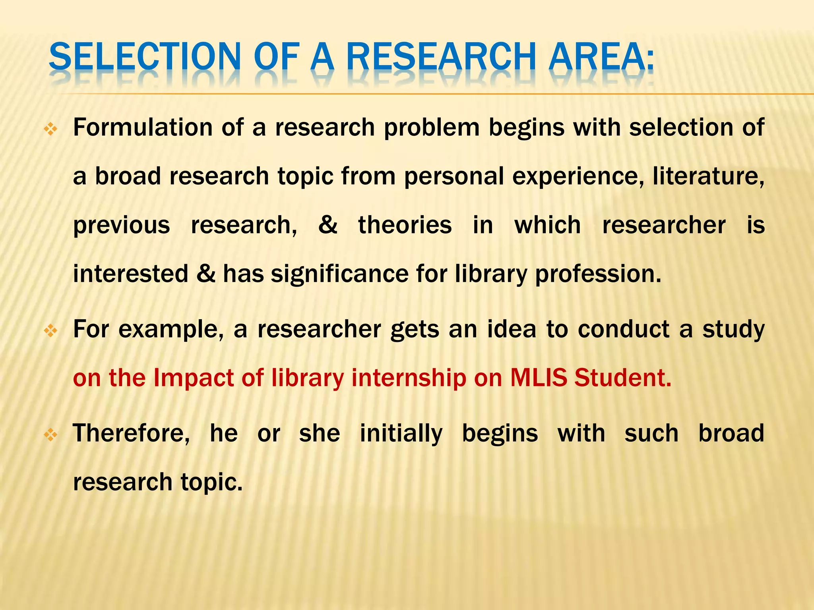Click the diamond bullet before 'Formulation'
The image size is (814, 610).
[51, 129]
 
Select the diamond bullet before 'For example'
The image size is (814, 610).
[51, 331]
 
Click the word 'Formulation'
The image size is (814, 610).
[143, 128]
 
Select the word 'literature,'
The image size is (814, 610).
[708, 176]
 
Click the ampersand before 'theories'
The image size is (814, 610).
[328, 225]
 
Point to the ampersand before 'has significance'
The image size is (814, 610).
[205, 274]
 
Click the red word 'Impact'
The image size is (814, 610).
[193, 378]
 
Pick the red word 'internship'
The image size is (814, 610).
[409, 378]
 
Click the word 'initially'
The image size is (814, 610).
[401, 434]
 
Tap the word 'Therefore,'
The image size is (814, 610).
[132, 433]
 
